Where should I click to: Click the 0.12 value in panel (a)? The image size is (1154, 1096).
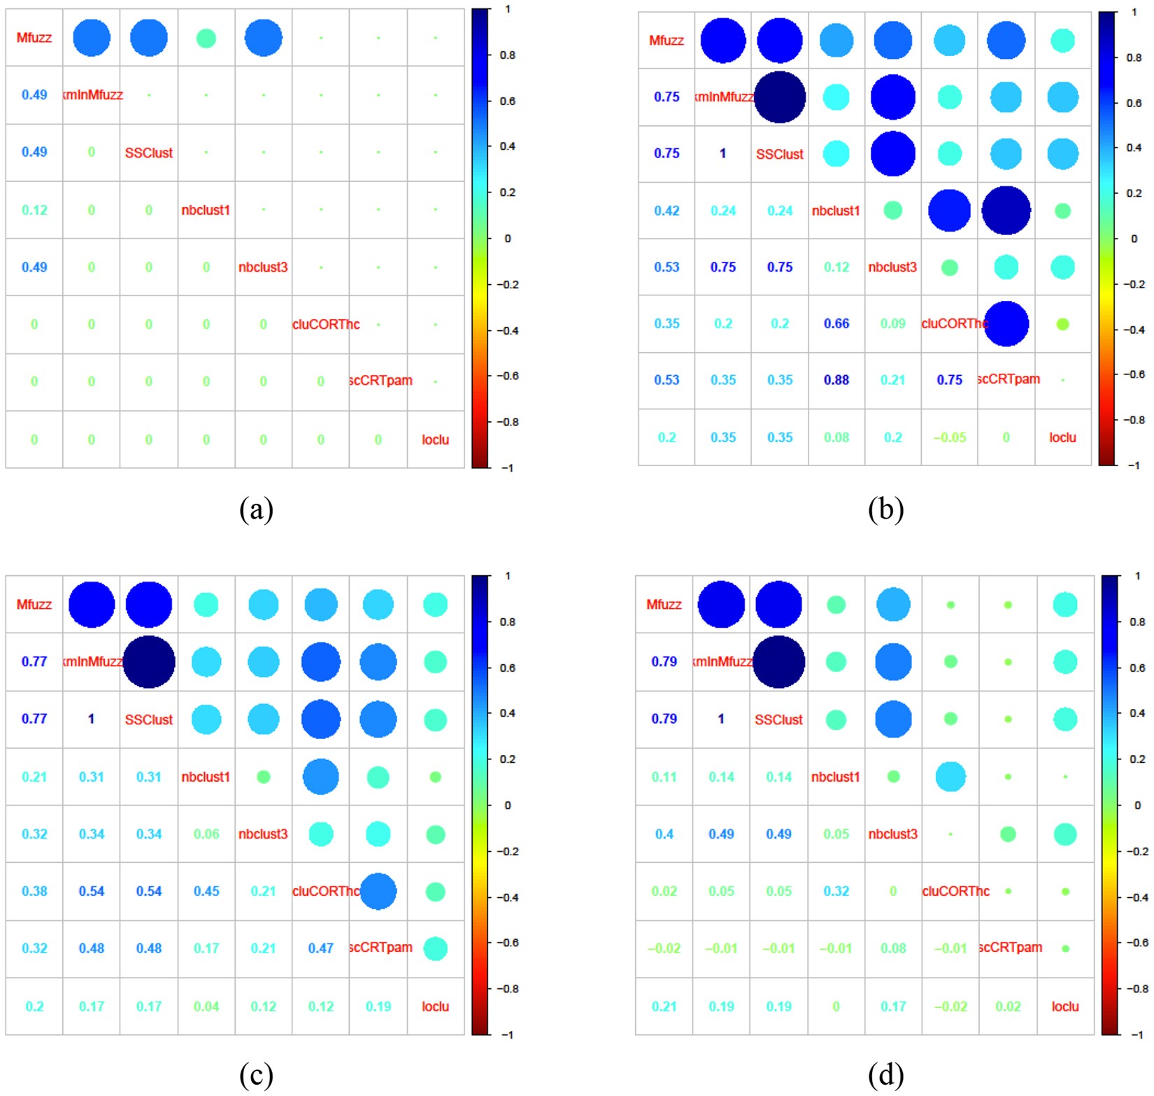pos(34,210)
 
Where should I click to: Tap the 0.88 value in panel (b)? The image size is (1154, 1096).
pos(836,380)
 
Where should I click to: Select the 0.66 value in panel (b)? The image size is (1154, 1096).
pos(836,323)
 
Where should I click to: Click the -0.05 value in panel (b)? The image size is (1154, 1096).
pos(949,437)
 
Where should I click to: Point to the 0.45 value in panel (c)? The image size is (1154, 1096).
pos(206,891)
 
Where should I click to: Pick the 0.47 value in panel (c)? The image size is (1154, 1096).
pos(321,948)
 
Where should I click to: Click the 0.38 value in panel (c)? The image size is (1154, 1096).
pos(34,891)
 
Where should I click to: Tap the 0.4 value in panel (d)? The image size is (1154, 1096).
pos(664,834)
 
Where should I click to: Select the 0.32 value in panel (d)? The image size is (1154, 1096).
pos(836,891)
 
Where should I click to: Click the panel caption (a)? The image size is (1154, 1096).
pos(256,510)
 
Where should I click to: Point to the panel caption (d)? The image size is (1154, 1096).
pos(885,1075)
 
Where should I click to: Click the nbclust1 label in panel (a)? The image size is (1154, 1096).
pos(206,210)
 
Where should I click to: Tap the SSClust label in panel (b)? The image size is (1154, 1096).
pos(780,154)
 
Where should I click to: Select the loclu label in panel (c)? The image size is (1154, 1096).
pos(435,1006)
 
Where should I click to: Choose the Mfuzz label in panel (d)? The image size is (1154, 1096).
pos(664,605)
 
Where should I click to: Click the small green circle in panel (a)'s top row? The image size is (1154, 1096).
pos(206,38)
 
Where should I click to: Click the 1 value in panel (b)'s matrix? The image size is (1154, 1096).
pos(723,153)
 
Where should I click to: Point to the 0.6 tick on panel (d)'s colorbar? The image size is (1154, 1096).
pos(1138,668)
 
